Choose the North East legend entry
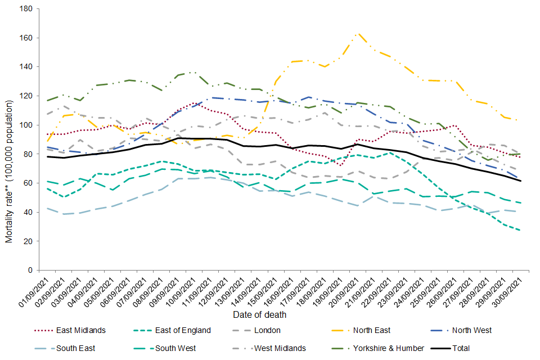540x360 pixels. coord(371,330)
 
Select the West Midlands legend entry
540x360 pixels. coord(279,348)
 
